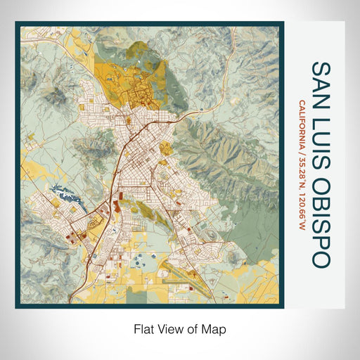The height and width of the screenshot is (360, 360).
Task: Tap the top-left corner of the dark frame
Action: [x=17, y=23]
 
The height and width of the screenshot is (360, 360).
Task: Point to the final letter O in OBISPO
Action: [x=320, y=260]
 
